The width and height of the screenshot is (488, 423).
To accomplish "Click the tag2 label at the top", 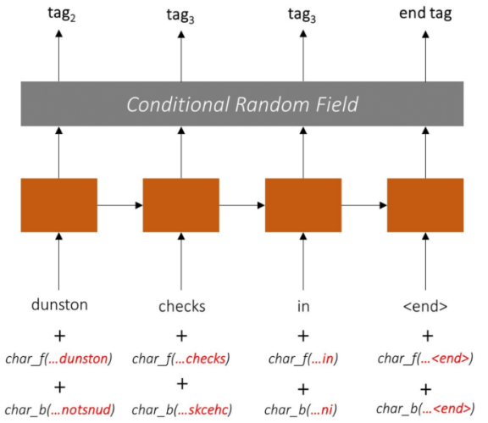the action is tap(62, 14).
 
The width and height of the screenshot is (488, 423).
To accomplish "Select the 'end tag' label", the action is tap(425, 14).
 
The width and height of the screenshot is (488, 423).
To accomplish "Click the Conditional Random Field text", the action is tap(242, 104).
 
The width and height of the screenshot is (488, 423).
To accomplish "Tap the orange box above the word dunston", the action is tap(58, 205).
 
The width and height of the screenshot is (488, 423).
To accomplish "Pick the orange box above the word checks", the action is tap(180, 205).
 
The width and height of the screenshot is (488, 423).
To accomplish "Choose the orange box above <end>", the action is tap(425, 205).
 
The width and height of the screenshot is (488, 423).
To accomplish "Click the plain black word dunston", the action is tap(59, 304).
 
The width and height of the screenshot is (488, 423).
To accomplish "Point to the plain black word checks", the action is tap(182, 306).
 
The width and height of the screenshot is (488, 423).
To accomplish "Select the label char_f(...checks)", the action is tap(180, 359).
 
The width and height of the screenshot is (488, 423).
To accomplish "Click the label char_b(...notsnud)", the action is tap(60, 409).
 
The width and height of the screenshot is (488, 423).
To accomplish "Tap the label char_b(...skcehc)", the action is tap(182, 409).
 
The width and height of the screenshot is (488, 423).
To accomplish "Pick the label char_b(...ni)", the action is tap(301, 409).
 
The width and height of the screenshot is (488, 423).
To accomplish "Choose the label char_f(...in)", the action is tap(303, 359).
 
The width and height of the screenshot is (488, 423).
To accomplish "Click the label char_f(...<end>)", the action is tap(425, 359).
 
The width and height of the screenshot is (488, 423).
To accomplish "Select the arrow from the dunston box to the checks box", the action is tap(120, 205).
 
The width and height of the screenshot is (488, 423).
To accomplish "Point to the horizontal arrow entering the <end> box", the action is tap(364, 205).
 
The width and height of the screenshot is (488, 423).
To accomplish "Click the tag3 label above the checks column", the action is tap(180, 15).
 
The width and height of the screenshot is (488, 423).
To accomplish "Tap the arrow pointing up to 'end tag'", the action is tap(425, 56).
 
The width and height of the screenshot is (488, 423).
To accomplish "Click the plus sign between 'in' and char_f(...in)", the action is tap(303, 336).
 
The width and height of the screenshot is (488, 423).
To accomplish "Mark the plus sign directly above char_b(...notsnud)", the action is tap(60, 387).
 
